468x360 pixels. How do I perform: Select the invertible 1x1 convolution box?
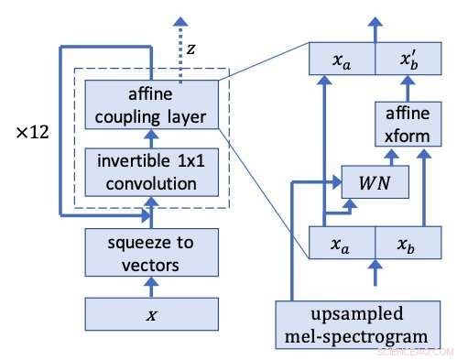[151, 172]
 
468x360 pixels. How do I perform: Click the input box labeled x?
[151, 313]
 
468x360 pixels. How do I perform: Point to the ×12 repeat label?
[33, 131]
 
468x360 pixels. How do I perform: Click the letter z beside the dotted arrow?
[190, 47]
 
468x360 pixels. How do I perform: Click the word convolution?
[151, 182]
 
